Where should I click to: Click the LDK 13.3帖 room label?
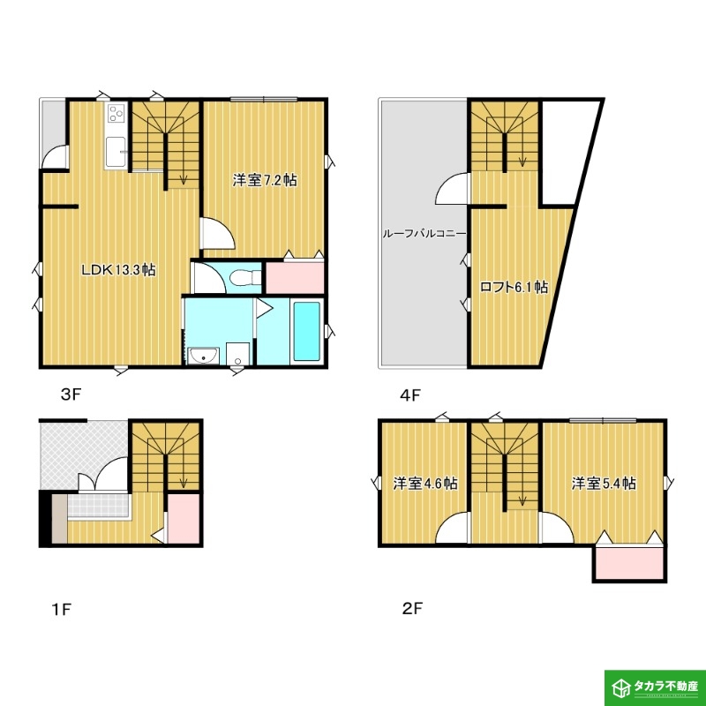coord(118,270)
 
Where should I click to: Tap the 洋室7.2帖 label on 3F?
coord(264,180)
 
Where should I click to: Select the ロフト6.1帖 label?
coord(514,287)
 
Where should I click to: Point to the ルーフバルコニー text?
coord(424,234)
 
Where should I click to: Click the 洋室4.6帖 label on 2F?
coord(425,483)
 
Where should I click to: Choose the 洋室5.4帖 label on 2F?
coord(604,483)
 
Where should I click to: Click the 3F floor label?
coord(71,394)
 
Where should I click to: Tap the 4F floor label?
coord(409,394)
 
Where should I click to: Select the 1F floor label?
coord(61,609)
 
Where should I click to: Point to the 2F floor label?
coord(412,608)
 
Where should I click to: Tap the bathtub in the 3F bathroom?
coord(306,332)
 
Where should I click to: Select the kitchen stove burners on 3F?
coord(116,113)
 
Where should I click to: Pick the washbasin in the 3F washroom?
coord(204,357)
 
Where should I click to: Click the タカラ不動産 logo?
coord(655,687)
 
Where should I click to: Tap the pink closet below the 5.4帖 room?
coord(629,563)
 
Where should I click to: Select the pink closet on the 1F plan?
coord(184,518)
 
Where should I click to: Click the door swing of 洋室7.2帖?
coord(217,233)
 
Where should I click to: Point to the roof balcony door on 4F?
coord(452,189)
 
